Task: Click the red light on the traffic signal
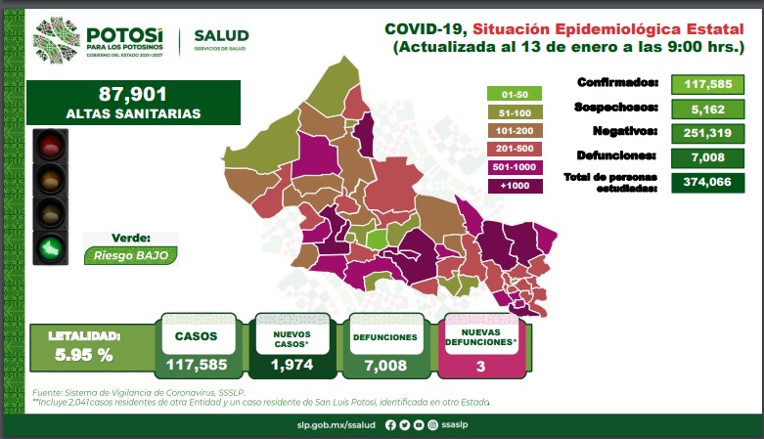(x=50, y=147)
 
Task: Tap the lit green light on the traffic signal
(x=50, y=248)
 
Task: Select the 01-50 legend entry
(x=515, y=94)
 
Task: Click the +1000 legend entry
(x=515, y=186)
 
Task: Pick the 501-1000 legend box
(x=515, y=167)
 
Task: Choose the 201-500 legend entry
(x=515, y=149)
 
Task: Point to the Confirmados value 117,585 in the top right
(x=707, y=84)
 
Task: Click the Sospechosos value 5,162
(x=708, y=110)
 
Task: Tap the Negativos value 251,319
(x=707, y=133)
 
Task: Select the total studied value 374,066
(x=707, y=182)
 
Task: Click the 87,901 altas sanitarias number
(x=132, y=94)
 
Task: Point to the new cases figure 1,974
(x=292, y=365)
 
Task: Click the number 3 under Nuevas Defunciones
(x=481, y=367)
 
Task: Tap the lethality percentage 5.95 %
(x=84, y=355)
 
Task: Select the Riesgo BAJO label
(x=130, y=256)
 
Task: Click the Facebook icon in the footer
(x=390, y=425)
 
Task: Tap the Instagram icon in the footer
(x=432, y=425)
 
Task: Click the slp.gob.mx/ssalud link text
(x=337, y=425)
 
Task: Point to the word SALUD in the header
(x=222, y=35)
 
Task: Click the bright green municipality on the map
(x=378, y=240)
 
